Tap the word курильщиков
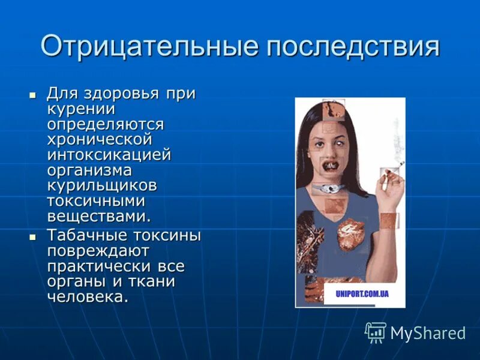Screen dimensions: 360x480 pos(103,185)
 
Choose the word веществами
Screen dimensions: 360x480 pos(100,215)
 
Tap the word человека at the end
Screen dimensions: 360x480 pos(88,296)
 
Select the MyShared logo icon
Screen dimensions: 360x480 pos(376,331)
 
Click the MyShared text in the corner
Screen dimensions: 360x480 pos(428,333)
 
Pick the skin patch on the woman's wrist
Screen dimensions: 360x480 pos(389,220)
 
